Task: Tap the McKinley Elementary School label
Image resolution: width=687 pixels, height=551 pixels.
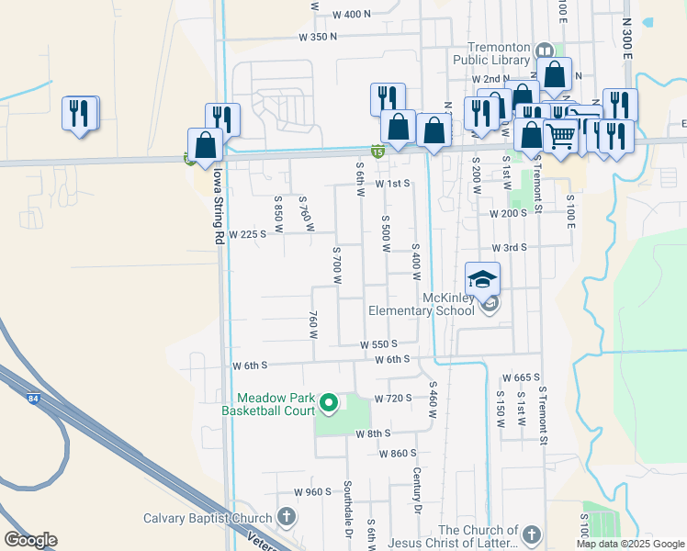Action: (422, 304)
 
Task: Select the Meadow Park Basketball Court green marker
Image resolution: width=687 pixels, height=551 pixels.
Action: (327, 401)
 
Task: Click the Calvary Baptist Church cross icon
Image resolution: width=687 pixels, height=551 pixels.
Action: (286, 517)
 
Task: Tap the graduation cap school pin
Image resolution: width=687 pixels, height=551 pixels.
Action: (483, 279)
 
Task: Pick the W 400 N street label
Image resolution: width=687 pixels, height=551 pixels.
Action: (352, 15)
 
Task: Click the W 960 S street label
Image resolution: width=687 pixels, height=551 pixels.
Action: (312, 491)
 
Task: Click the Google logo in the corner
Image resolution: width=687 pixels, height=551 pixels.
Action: (30, 540)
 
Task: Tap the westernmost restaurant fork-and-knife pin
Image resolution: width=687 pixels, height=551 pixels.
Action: (80, 114)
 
